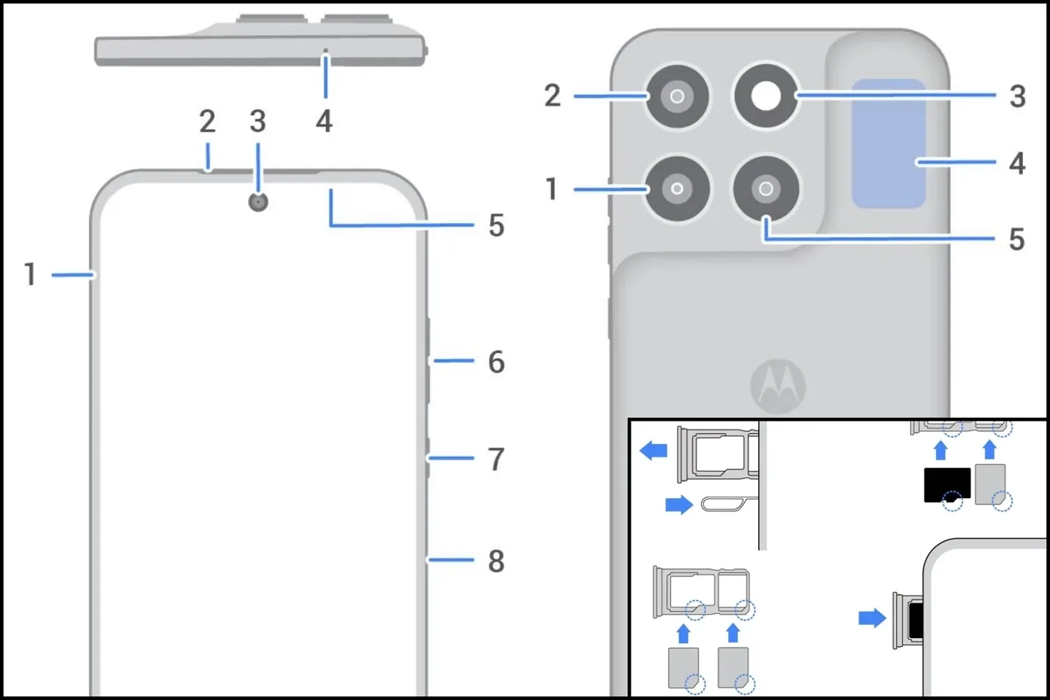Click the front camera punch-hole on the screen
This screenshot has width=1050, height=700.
(x=258, y=201)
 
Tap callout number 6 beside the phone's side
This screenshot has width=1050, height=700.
(x=496, y=362)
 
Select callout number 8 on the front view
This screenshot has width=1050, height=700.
(x=496, y=561)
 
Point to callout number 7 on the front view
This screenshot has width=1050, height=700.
(x=496, y=459)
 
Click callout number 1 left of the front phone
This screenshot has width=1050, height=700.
(x=30, y=274)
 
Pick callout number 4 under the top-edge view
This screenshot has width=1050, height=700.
(x=324, y=121)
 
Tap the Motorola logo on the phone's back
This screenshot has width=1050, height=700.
(x=778, y=386)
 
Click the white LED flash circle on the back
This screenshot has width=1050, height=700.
(x=766, y=96)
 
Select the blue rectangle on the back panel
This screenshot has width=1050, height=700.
(x=889, y=144)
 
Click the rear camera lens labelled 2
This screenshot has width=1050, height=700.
(x=677, y=96)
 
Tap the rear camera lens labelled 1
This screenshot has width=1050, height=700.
(x=677, y=189)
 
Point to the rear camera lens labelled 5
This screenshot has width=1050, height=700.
(x=766, y=189)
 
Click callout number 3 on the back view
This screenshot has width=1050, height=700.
(x=1017, y=96)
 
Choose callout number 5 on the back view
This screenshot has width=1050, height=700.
(x=1016, y=239)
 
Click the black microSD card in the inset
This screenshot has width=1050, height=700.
(x=946, y=485)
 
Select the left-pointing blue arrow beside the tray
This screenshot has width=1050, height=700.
(x=653, y=450)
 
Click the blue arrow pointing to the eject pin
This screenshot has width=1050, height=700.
(x=679, y=505)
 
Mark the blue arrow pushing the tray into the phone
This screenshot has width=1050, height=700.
(x=872, y=618)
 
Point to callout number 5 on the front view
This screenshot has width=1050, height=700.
(x=496, y=225)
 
